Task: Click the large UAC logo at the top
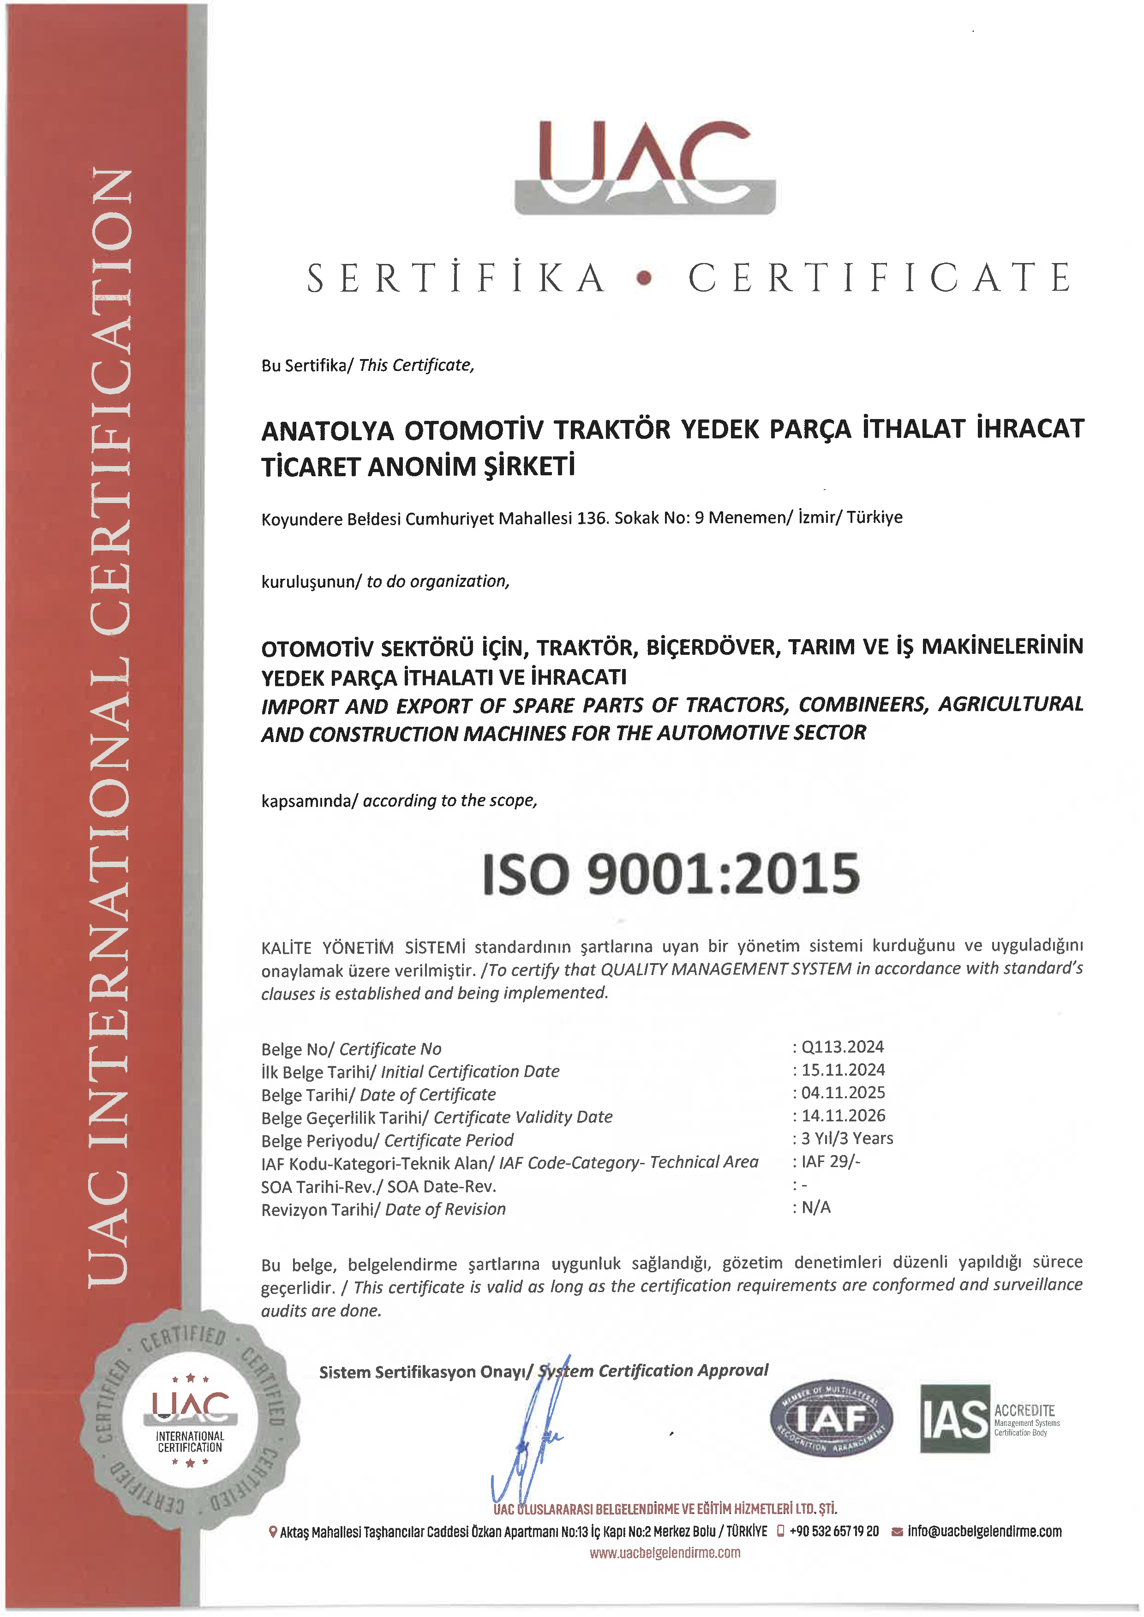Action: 645,168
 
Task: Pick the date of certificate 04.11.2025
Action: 843,1093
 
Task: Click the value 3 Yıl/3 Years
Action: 847,1139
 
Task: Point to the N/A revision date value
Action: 816,1207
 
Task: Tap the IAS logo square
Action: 954,1419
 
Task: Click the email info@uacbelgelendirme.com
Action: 984,1531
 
